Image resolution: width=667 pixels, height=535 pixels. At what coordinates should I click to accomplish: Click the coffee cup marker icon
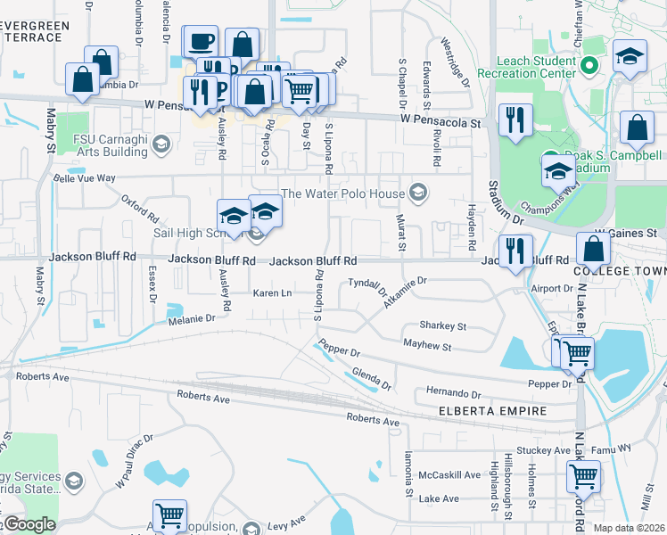202,41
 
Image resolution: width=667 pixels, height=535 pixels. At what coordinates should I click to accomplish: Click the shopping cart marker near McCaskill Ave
582,475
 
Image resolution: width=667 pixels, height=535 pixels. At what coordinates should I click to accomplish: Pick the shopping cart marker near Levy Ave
169,515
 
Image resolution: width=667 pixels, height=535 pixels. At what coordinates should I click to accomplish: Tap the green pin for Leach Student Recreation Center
589,66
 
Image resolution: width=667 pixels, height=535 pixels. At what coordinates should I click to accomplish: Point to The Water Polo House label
343,193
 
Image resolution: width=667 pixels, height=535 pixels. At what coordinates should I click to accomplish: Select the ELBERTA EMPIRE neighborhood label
485,411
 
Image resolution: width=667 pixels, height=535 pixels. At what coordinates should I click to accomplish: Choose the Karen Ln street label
273,293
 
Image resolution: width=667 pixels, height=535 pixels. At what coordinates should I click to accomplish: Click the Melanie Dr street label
192,317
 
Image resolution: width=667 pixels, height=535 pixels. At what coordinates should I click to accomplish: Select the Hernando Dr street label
453,392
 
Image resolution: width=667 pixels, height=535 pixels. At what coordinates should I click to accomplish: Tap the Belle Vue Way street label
85,178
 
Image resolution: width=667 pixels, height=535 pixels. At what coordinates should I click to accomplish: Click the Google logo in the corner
29,524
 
